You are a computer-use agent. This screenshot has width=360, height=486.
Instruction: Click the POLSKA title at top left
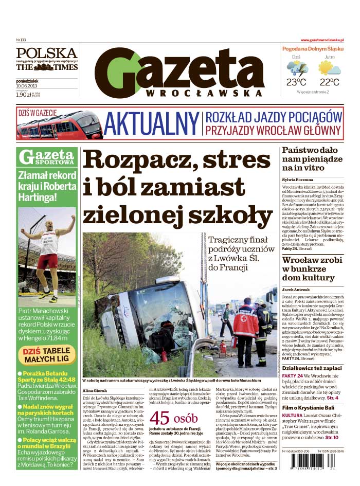tap(46, 53)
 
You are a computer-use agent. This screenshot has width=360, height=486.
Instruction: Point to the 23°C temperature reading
tap(296, 82)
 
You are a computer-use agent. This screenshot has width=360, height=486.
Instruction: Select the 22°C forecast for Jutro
tap(329, 82)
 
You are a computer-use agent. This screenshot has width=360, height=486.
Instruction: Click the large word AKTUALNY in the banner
tap(151, 124)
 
